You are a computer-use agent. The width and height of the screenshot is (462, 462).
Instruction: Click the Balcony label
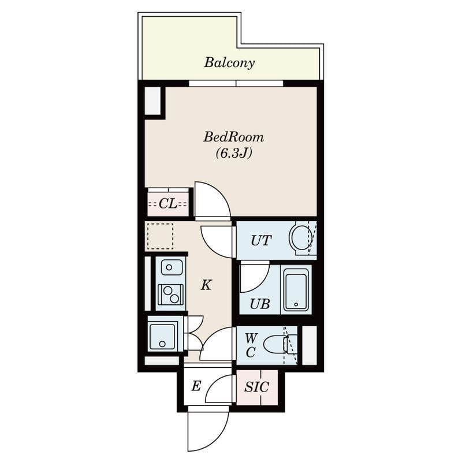pos(229,62)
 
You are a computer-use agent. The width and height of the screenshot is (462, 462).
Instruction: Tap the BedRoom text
pos(234,137)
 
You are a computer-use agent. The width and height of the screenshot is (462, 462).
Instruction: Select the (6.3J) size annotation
pos(234,153)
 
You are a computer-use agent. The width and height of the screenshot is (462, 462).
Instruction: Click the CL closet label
pos(168,203)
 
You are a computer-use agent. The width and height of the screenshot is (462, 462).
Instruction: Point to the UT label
pos(261,240)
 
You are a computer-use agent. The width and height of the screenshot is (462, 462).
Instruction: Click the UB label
pos(260,304)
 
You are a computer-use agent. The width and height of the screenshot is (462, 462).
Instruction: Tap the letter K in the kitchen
pos(206,285)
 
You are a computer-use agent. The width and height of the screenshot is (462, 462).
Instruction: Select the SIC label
pos(256,387)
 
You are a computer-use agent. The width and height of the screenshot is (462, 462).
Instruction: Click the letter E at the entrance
pos(196,386)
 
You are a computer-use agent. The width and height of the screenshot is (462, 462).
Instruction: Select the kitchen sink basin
pos(171,267)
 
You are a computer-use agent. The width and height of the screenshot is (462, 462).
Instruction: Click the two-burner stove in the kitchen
pos(170,295)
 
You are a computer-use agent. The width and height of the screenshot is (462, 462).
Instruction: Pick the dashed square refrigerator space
pos(160,236)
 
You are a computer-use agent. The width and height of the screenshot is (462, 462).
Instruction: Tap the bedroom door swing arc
pos(219,193)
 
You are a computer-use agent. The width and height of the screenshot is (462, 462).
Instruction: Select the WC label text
pos(251,345)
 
